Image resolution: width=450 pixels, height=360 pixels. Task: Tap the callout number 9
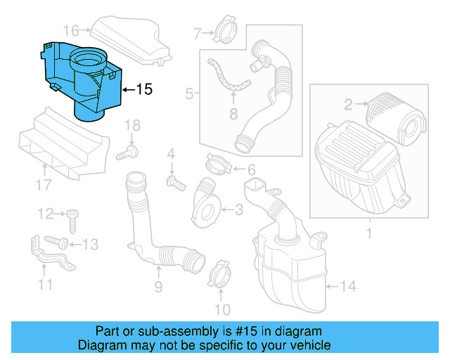click(x=158, y=287)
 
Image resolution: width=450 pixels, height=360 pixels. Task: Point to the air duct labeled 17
click(x=63, y=144)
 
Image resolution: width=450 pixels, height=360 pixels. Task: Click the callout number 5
click(x=189, y=92)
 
